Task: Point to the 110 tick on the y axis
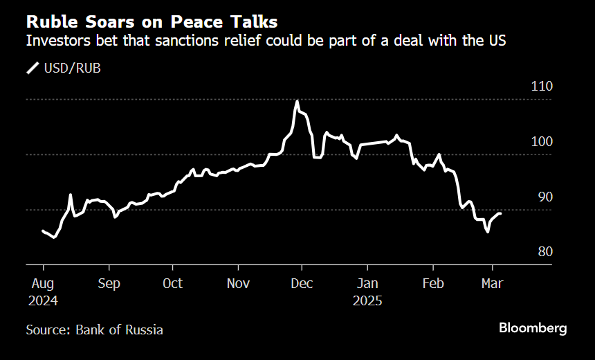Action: click(542, 87)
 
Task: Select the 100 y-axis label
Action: click(542, 142)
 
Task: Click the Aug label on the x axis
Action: click(42, 284)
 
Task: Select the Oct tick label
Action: click(172, 284)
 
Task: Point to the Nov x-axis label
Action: click(238, 284)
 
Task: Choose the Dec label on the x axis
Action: click(302, 284)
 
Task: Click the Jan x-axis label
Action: click(367, 284)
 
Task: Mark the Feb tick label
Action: click(432, 284)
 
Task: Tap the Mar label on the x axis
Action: click(493, 284)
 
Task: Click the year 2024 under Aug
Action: click(42, 302)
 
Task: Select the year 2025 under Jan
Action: click(367, 302)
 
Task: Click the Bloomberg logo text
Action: click(533, 328)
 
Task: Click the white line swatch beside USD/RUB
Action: click(33, 68)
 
